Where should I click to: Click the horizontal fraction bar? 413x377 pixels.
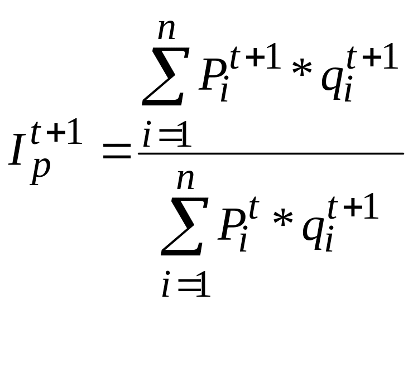click(271, 153)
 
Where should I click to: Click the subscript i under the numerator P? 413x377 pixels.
click(225, 93)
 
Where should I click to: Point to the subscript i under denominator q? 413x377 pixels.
click(329, 241)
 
